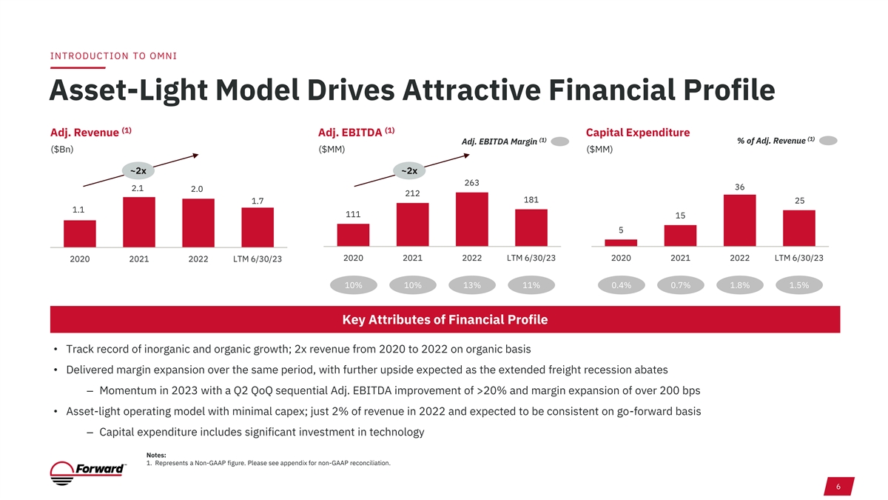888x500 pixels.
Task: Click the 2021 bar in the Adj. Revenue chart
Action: tap(139, 221)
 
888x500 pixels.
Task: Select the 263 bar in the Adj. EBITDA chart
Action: tap(472, 219)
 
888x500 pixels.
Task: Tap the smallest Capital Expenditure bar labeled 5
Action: tap(621, 242)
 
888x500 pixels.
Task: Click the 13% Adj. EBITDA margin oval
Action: tap(472, 286)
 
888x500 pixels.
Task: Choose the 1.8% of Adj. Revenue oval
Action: tap(739, 286)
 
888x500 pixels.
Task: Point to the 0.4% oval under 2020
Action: tap(621, 286)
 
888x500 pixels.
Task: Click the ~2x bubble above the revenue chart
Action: tap(138, 171)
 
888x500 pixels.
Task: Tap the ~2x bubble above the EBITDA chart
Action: tap(408, 171)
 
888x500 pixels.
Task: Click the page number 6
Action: tap(837, 486)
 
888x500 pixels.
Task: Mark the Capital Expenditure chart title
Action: tap(637, 133)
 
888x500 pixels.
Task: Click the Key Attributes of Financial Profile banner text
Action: tap(445, 320)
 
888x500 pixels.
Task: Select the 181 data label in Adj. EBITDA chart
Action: tap(531, 200)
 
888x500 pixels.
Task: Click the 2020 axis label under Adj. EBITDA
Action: tap(354, 258)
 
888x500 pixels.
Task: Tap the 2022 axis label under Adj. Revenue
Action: tap(198, 259)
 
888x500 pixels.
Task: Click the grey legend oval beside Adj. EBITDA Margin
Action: tap(560, 141)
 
